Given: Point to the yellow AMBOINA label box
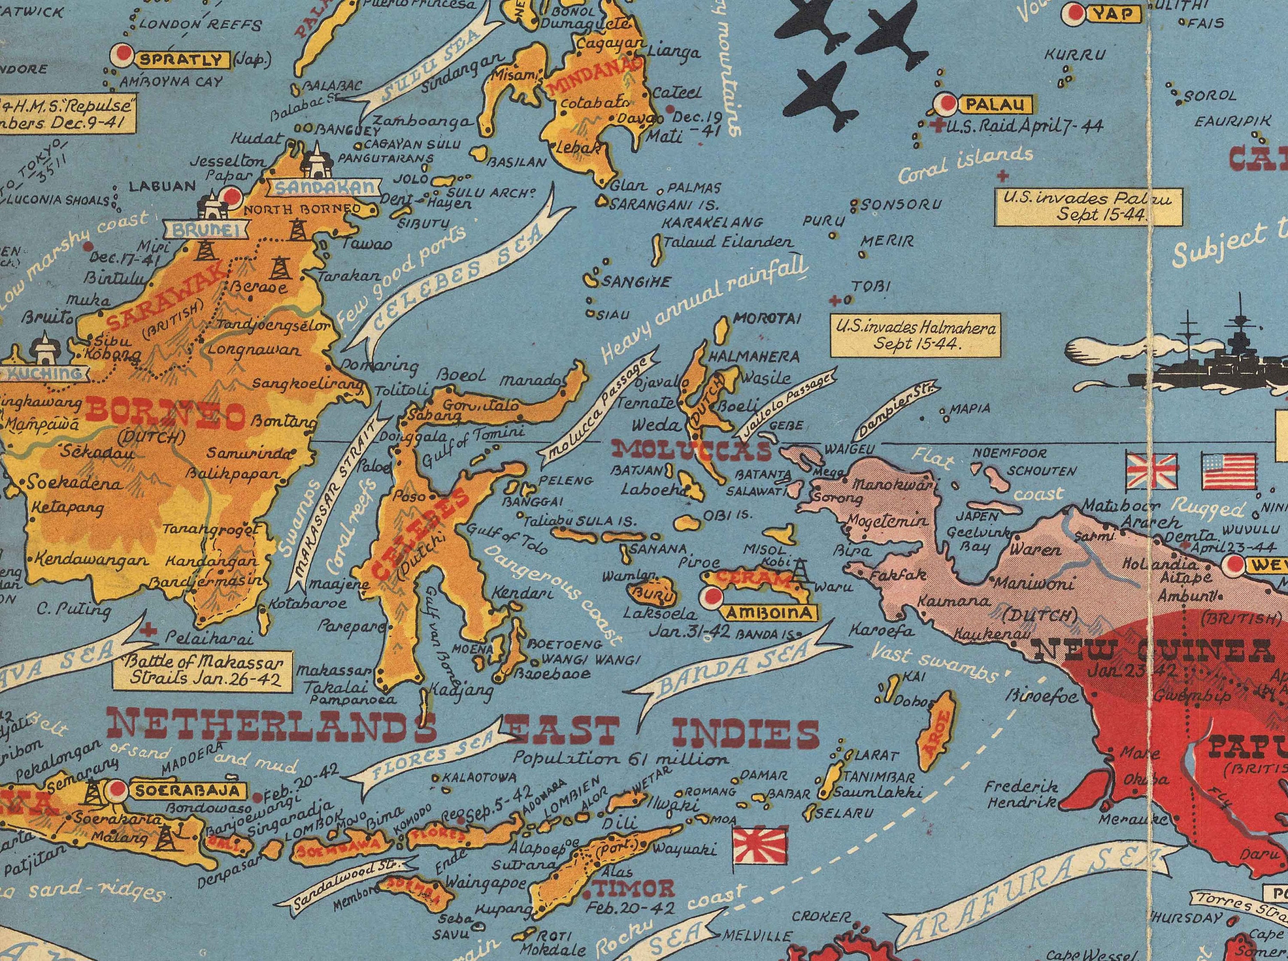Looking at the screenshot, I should coord(770,613).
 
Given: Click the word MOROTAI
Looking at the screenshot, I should coord(767,318).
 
